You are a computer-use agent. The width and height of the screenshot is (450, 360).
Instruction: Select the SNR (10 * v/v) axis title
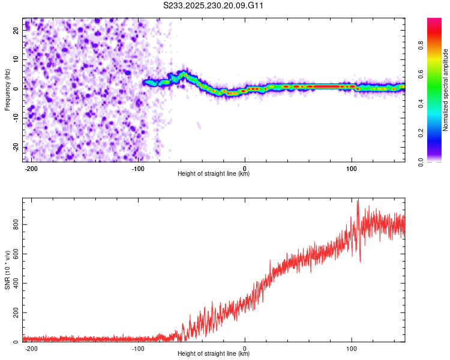tap(7, 270)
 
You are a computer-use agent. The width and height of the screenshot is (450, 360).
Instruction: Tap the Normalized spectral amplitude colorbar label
tap(446, 90)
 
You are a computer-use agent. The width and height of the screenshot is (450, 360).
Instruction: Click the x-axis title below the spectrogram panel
tap(214, 174)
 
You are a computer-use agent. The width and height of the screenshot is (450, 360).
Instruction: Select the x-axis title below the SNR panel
tap(214, 354)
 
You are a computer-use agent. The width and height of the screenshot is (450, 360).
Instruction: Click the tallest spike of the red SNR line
tap(358, 202)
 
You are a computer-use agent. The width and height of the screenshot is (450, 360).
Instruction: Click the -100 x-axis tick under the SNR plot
tap(138, 348)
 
